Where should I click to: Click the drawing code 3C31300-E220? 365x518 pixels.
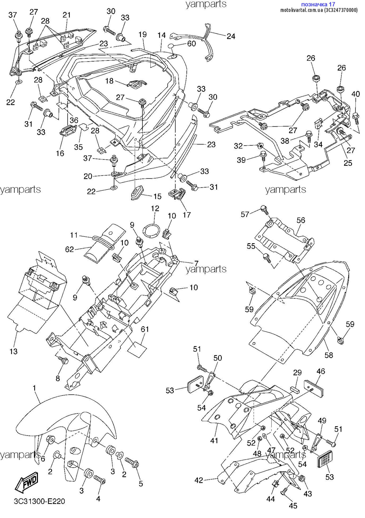click(x=39, y=501)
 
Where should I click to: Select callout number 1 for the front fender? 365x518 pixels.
click(x=35, y=388)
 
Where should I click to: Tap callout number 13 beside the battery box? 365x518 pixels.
click(x=14, y=351)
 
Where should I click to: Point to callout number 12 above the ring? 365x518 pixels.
click(x=155, y=208)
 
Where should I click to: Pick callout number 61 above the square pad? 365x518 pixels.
click(x=145, y=329)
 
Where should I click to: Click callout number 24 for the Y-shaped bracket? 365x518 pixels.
click(x=231, y=36)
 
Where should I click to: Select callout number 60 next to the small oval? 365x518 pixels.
click(x=192, y=43)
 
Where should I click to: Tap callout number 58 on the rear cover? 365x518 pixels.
click(x=329, y=355)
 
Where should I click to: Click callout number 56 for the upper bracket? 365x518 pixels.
click(x=301, y=220)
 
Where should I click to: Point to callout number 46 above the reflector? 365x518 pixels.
click(x=321, y=371)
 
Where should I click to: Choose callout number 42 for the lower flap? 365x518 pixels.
click(x=199, y=480)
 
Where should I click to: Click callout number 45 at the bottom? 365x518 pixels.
click(x=293, y=506)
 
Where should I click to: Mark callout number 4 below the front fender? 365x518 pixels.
click(x=98, y=499)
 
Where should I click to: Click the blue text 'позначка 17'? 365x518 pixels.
click(x=318, y=4)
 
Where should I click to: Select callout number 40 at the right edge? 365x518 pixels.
click(x=356, y=94)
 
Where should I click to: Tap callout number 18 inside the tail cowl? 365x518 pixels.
click(x=109, y=81)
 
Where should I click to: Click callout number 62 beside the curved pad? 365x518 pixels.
click(x=70, y=249)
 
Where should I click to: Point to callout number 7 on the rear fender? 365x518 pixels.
click(x=196, y=263)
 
